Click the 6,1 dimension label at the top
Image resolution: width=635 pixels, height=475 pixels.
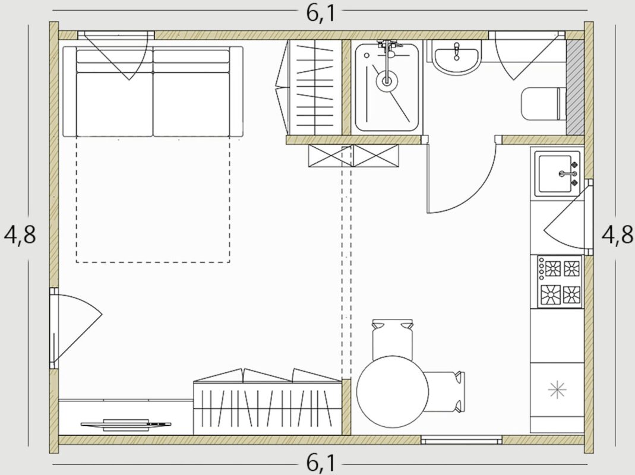click(321, 14)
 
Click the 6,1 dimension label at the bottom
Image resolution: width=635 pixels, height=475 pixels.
click(321, 463)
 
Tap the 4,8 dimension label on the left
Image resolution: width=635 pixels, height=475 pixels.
click(20, 235)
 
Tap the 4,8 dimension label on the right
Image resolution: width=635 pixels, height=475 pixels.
click(617, 235)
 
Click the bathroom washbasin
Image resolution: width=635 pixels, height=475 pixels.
click(457, 58)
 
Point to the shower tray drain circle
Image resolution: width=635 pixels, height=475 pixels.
click(387, 81)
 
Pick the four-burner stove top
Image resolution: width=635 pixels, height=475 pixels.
click(560, 281)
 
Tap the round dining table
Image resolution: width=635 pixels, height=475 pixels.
click(393, 392)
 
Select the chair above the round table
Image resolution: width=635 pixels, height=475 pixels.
click(393, 338)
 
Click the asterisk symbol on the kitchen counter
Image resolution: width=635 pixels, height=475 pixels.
click(557, 389)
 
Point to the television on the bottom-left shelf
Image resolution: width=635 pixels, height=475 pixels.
click(125, 425)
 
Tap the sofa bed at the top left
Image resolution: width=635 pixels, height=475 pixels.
click(153, 91)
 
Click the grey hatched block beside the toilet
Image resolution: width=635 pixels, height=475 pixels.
click(575, 87)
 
